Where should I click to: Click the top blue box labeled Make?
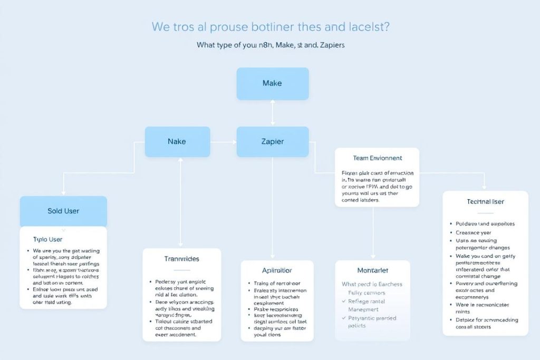[x=272, y=83]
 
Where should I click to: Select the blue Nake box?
[x=177, y=142]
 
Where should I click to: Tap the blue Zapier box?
[x=272, y=142]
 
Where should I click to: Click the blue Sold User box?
[x=63, y=211]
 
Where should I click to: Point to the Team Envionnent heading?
[x=377, y=158]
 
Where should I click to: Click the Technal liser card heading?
[x=485, y=202]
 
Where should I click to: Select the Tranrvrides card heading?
[x=182, y=259]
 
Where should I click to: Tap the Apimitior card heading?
[x=273, y=270]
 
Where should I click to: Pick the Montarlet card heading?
[x=372, y=270]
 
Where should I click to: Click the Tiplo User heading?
[x=48, y=239]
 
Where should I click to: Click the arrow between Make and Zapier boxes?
[x=273, y=113]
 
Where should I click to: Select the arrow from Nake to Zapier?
[x=223, y=142]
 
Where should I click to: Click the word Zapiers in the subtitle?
[x=330, y=45]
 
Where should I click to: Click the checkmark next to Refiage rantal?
[x=344, y=301]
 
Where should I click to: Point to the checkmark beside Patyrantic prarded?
[x=344, y=318]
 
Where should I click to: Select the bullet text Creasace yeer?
[x=474, y=232]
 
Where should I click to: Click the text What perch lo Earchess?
[x=372, y=284]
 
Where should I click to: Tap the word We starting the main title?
[x=161, y=26]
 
